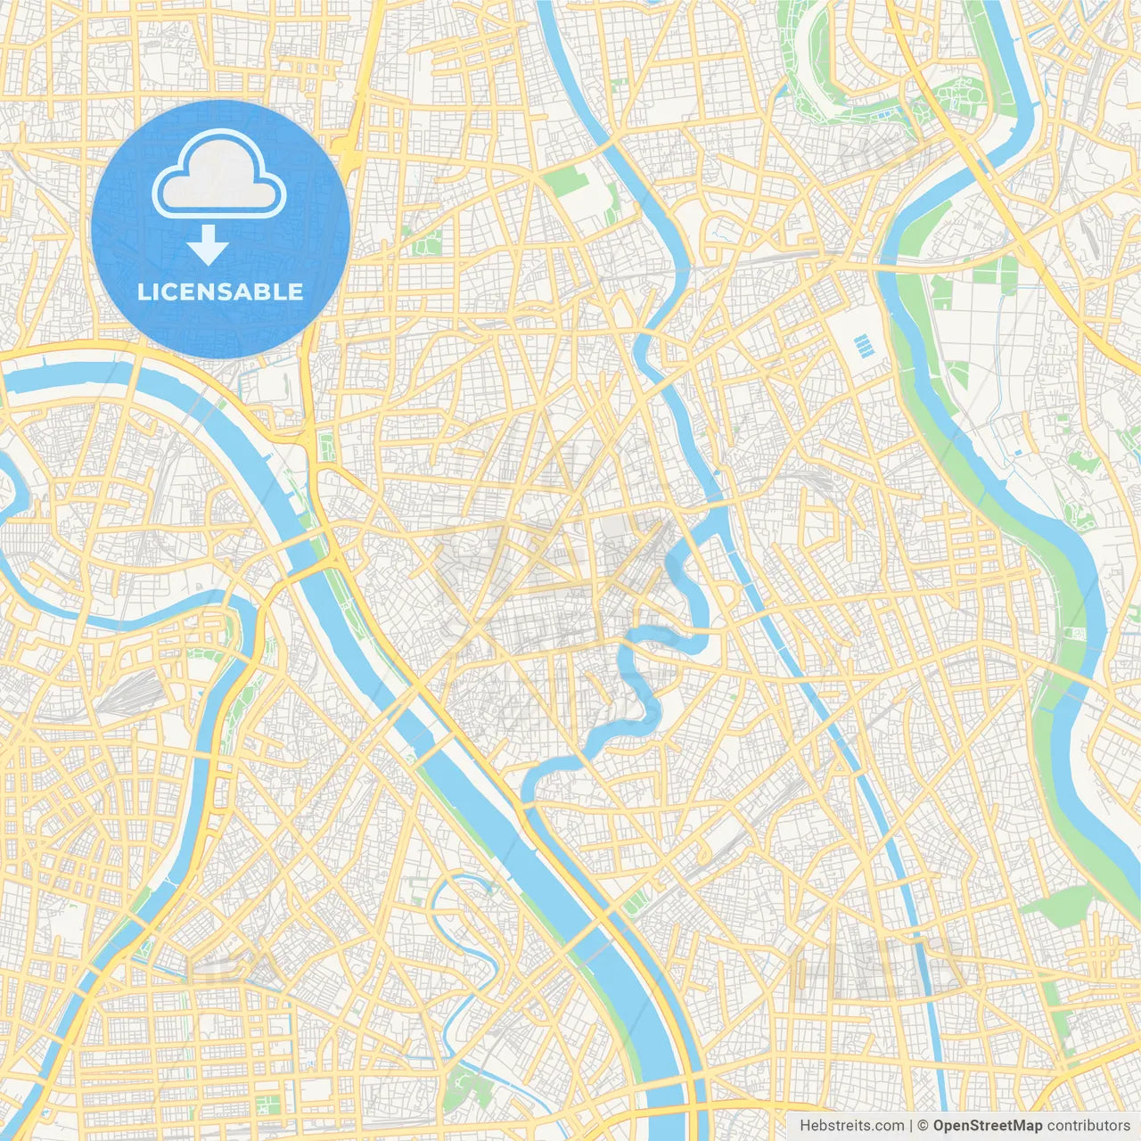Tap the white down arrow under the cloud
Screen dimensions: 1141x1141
[208, 244]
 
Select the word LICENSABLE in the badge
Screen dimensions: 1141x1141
[220, 291]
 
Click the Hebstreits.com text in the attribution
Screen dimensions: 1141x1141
[851, 1126]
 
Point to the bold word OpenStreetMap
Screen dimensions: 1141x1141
[987, 1126]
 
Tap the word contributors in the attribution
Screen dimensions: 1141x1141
[1088, 1126]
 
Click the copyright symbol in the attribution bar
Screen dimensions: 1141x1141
[923, 1126]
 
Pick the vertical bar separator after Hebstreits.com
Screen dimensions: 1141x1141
[910, 1126]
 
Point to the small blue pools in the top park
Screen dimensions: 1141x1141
[882, 115]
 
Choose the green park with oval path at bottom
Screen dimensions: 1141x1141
[464, 1088]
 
